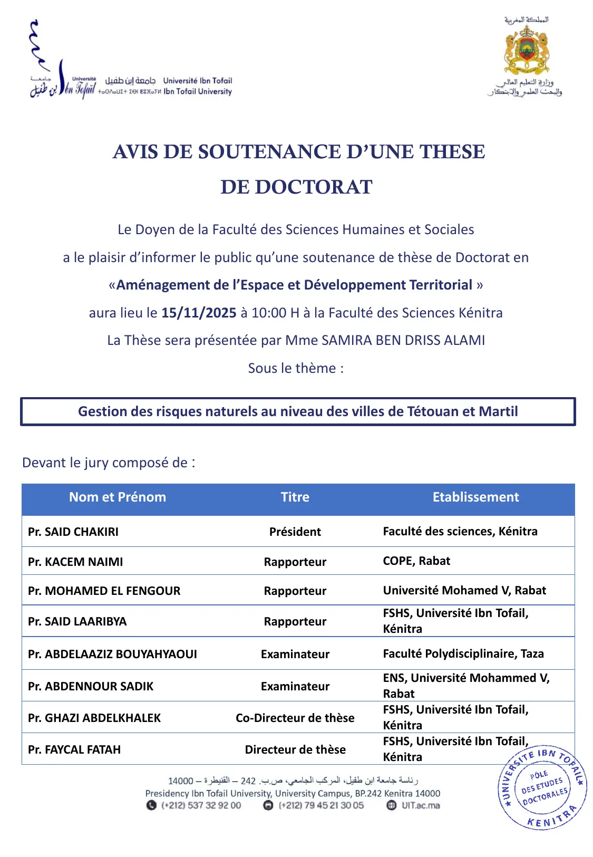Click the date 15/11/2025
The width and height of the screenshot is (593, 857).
pyautogui.click(x=199, y=313)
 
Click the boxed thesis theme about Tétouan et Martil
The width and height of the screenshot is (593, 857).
pyautogui.click(x=298, y=411)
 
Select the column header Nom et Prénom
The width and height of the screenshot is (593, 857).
pyautogui.click(x=118, y=497)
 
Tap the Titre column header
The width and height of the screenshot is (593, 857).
pyautogui.click(x=295, y=497)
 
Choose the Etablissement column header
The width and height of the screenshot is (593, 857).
pyautogui.click(x=475, y=497)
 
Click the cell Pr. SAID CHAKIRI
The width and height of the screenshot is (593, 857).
pyautogui.click(x=73, y=532)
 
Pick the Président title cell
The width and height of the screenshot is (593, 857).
pyautogui.click(x=295, y=532)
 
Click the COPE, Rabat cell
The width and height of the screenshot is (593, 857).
pyautogui.click(x=416, y=561)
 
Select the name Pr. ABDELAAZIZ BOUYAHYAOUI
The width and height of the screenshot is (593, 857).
pyautogui.click(x=112, y=654)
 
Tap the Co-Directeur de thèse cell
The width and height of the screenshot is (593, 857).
pyautogui.click(x=295, y=718)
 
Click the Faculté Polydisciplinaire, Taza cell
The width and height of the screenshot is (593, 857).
pyautogui.click(x=463, y=653)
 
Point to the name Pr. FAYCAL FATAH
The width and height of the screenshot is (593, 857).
pyautogui.click(x=74, y=749)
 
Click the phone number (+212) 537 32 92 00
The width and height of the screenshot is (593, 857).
pyautogui.click(x=201, y=805)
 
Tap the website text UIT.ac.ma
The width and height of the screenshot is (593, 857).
pyautogui.click(x=421, y=805)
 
